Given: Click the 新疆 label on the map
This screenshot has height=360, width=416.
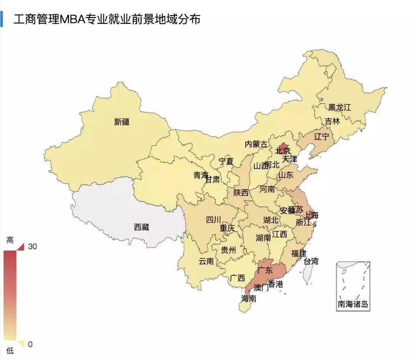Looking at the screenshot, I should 122,122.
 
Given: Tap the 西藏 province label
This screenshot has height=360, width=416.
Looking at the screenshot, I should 141,227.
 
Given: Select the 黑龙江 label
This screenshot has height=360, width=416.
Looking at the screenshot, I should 339,107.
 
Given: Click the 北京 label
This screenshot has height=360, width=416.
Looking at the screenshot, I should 282,151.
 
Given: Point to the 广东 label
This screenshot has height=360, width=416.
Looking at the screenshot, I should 265,270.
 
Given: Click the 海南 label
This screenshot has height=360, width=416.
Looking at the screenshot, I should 248,298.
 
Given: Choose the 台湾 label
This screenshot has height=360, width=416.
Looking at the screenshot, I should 311,261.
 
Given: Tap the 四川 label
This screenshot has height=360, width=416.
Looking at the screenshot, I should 213,219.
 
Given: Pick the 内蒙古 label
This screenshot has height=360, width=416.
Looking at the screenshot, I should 256,144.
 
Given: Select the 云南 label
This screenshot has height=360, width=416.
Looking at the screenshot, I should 206,261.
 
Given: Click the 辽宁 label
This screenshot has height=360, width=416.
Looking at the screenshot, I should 322,136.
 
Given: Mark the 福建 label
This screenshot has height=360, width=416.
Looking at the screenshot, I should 299,253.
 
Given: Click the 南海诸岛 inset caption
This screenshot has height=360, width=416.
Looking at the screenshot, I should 353,304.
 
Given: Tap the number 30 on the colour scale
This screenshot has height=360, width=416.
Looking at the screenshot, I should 32,246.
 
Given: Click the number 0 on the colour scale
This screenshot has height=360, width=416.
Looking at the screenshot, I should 30,344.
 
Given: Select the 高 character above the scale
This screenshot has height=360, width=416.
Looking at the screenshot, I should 10,240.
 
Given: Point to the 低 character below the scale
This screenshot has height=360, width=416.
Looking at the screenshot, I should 10,351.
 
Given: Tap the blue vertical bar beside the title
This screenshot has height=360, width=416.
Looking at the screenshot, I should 2,19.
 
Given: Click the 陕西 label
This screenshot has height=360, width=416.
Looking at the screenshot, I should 241,193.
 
